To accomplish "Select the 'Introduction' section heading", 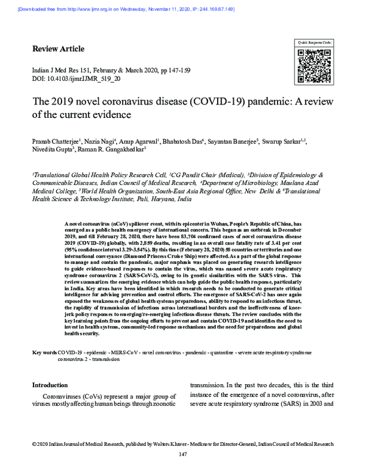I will coord(49,385).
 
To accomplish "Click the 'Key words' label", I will coord(45,354).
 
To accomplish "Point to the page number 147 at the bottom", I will coord(182,454).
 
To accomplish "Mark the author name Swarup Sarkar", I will coord(284,142).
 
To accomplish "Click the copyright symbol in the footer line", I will coord(34,443).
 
